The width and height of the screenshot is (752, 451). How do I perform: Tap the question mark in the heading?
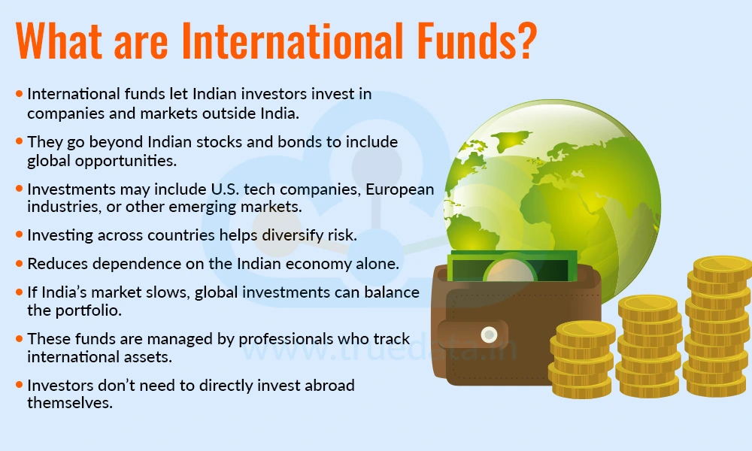(528, 40)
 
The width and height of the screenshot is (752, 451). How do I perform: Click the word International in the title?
(293, 40)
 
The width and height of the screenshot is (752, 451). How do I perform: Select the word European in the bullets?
(399, 189)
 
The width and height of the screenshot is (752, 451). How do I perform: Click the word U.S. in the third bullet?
(224, 189)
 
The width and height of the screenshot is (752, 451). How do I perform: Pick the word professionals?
(286, 339)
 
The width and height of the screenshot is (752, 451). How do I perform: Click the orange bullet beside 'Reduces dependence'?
(20, 264)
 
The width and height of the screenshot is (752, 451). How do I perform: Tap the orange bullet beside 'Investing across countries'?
(20, 235)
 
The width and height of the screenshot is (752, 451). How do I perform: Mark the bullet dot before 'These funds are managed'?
(20, 339)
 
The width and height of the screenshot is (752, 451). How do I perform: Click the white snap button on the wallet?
(489, 334)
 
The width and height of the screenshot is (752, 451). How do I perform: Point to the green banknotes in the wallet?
(512, 267)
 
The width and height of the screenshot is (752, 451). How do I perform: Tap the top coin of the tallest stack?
(723, 268)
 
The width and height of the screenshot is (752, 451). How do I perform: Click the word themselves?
(70, 403)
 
